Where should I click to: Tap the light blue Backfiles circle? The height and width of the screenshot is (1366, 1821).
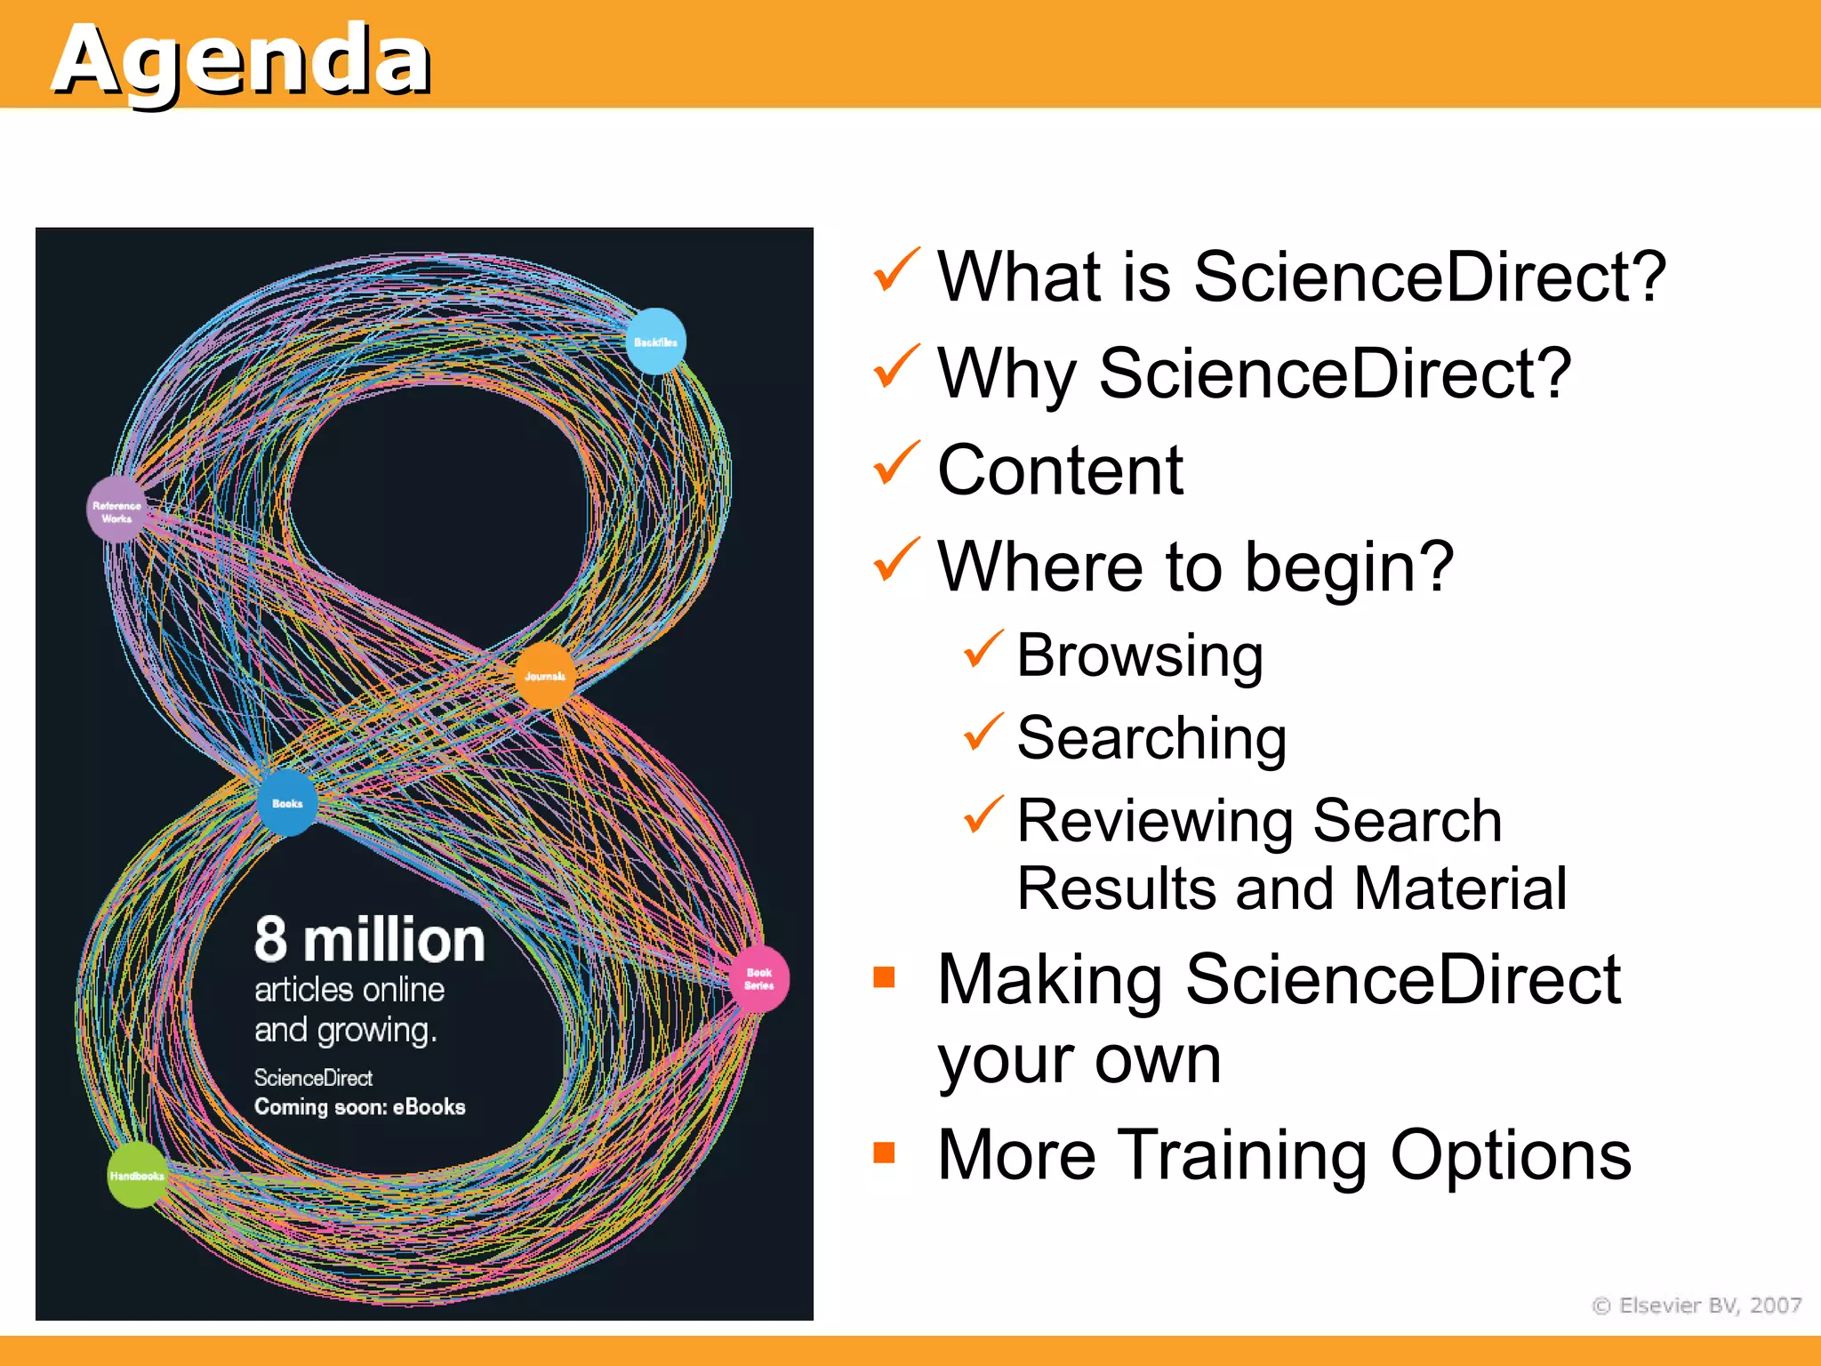pos(656,342)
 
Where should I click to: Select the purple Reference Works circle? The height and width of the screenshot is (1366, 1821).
pos(116,510)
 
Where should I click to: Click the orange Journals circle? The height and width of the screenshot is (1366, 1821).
pos(545,676)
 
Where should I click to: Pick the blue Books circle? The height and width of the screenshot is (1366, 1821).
pos(287,803)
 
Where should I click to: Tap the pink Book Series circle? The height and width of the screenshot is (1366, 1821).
pos(758,978)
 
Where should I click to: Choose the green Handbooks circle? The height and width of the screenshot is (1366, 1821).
pos(136,1176)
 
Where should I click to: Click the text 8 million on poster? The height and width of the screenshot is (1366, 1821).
pos(369,940)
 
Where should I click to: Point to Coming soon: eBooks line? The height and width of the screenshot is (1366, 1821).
pos(359,1107)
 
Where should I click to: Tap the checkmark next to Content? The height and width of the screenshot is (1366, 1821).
pos(895,463)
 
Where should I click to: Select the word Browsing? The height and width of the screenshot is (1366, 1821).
pos(1139,656)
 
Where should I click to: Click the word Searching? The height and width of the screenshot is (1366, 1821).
pos(1151,738)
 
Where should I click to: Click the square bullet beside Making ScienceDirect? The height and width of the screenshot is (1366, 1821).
pos(884,977)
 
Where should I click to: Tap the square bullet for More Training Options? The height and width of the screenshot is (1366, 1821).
pos(884,1153)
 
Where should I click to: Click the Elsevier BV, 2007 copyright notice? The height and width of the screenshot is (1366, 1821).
pos(1697,1306)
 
